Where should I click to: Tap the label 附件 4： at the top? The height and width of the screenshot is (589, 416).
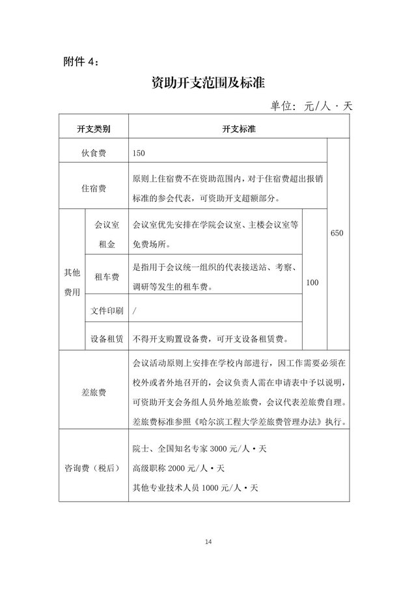81,61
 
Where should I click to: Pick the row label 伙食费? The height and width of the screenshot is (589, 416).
94,153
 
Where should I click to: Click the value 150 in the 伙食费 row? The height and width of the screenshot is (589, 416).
138,153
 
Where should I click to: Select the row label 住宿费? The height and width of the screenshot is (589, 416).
94,189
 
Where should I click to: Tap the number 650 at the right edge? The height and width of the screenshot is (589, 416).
338,232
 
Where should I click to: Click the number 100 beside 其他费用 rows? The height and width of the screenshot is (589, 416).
312,282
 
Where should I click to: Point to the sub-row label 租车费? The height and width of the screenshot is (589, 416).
106,277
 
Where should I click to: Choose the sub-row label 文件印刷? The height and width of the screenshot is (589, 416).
106,310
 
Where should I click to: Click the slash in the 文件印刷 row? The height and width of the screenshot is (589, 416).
134,310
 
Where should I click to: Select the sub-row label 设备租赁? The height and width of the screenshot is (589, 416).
106,338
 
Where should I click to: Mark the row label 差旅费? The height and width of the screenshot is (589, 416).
94,393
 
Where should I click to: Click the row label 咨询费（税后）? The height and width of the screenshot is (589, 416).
93,467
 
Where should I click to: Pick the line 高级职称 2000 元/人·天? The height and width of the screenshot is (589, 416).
178,468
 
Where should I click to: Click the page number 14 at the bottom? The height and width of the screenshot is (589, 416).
208,542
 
